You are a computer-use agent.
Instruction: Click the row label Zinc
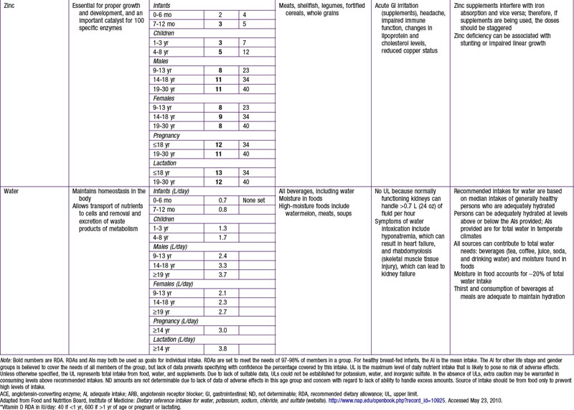(x=10, y=5)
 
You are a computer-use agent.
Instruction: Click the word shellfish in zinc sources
(x=316, y=5)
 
